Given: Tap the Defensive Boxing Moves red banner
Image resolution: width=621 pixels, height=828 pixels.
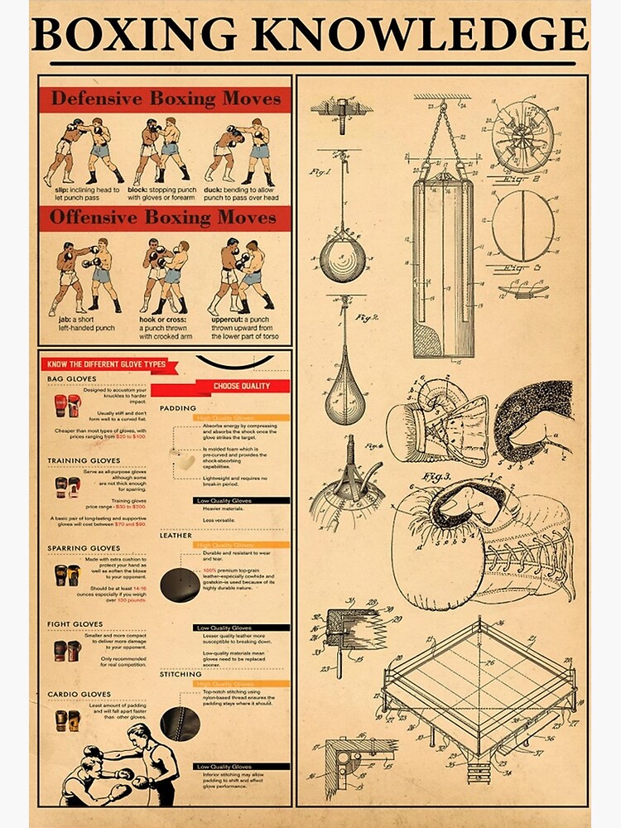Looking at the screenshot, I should pos(166,99).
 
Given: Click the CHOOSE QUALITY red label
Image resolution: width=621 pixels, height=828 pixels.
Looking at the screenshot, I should pos(242,386).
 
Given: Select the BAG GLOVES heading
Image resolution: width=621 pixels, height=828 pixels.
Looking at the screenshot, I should pos(72,378).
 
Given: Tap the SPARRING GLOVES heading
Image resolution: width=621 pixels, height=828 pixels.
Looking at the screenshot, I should pos(84,548).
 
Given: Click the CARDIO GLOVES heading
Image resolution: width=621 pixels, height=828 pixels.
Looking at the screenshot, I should pos(79,694).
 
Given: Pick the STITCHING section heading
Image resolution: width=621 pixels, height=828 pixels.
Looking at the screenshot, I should pos(180,674).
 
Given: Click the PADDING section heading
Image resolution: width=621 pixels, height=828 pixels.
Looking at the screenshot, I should pos(177,408).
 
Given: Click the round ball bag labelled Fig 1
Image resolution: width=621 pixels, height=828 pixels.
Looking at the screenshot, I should pos(342,257).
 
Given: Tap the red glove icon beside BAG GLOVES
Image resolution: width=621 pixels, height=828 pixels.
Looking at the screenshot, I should pos(67,406).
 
